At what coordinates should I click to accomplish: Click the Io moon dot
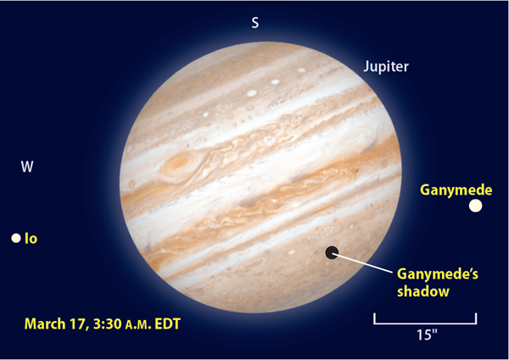[x=16, y=238]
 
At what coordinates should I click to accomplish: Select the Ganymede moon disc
[x=475, y=205]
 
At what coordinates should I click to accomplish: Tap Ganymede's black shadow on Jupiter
[x=332, y=252]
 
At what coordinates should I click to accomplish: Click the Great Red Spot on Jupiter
[x=178, y=161]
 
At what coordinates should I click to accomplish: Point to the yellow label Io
[x=31, y=239]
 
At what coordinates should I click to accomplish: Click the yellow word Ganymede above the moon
[x=456, y=189]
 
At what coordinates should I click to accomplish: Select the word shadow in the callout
[x=423, y=291]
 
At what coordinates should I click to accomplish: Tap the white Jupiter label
[x=386, y=66]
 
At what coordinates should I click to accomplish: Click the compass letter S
[x=255, y=23]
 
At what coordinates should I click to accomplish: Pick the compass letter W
[x=27, y=166]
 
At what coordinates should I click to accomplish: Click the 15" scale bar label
[x=427, y=335]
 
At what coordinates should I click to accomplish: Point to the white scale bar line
[x=425, y=323]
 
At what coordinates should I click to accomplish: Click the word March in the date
[x=44, y=324]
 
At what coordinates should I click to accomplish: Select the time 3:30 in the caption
[x=107, y=324]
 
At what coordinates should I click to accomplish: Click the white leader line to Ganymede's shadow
[x=363, y=263]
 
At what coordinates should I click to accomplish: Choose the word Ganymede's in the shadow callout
[x=438, y=274]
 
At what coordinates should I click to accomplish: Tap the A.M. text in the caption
[x=138, y=325]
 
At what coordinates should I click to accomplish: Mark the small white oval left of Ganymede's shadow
[x=292, y=252]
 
